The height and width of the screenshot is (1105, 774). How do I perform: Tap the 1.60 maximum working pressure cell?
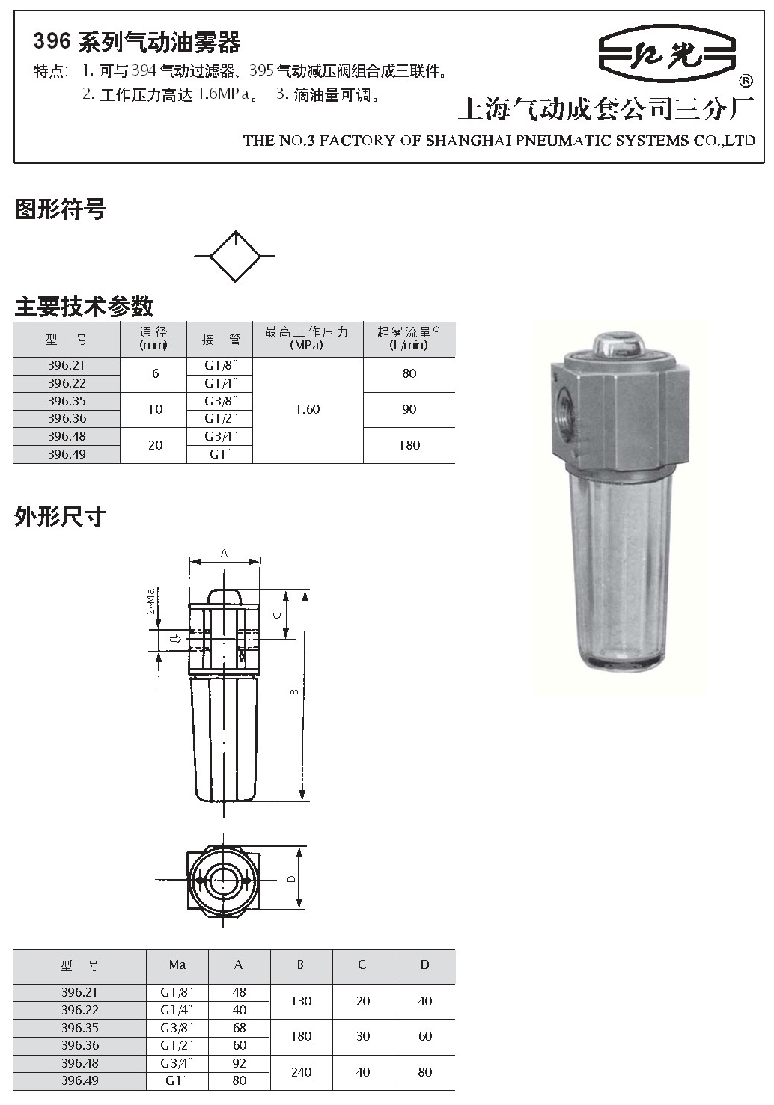point(308,409)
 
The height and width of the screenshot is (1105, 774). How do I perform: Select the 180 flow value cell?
point(409,445)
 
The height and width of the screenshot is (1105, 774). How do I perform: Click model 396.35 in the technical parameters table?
point(67,401)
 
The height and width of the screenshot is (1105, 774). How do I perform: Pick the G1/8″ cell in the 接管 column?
point(221,366)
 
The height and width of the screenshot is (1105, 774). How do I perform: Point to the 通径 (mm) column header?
point(153,338)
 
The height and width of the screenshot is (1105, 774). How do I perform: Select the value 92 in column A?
point(240,1063)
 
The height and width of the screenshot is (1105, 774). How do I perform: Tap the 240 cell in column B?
point(301,1072)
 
